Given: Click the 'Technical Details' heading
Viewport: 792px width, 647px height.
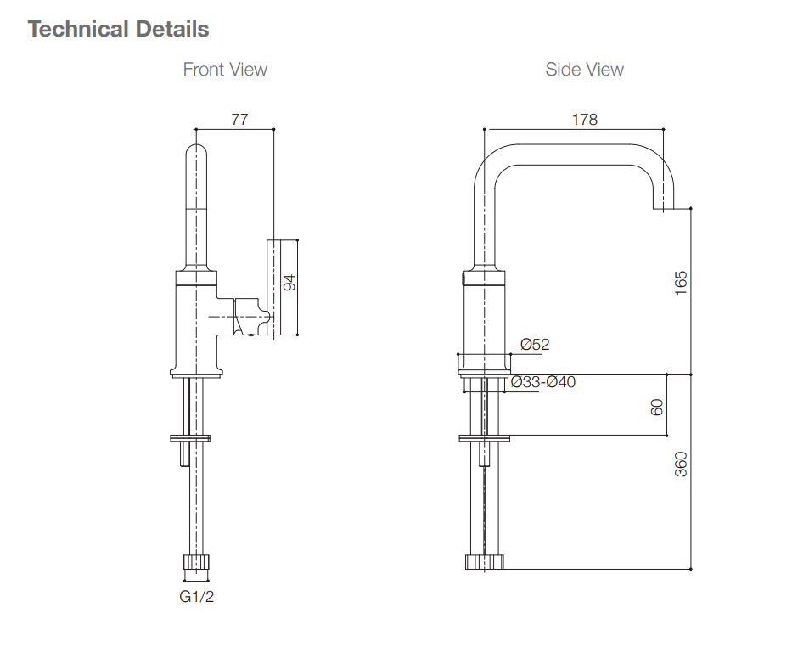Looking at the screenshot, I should [x=118, y=29].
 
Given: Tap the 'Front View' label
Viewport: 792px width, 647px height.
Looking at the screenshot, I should [x=225, y=70].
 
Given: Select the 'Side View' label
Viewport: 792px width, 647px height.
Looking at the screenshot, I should [x=584, y=70].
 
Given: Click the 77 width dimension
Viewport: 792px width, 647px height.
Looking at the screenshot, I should [x=239, y=120].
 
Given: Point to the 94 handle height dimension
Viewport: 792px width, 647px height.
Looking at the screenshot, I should [x=289, y=283].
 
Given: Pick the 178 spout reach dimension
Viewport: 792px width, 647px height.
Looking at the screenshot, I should [x=584, y=120].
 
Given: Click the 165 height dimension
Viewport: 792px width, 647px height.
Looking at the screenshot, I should [x=680, y=283].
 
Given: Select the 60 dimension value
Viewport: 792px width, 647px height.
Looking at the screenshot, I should [x=656, y=406].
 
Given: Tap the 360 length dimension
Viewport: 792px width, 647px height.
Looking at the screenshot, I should [x=680, y=464].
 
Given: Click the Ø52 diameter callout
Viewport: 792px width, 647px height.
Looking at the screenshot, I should [x=535, y=344].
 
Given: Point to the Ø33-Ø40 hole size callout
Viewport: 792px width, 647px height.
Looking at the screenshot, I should [x=543, y=382].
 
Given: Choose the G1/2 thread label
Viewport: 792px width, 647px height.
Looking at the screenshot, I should [x=197, y=597].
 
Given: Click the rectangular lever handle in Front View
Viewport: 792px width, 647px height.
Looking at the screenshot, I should [x=284, y=288].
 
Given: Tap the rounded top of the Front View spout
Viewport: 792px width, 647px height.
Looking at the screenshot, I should [x=196, y=153].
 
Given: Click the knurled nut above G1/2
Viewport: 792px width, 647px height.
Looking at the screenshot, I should [x=196, y=562].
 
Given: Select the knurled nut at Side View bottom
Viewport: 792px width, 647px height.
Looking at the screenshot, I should [x=484, y=561].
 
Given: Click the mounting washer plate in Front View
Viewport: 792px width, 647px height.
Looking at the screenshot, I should [x=191, y=438].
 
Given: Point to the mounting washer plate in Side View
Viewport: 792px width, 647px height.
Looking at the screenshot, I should [x=484, y=438].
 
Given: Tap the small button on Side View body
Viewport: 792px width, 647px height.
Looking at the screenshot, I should [x=463, y=278].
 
